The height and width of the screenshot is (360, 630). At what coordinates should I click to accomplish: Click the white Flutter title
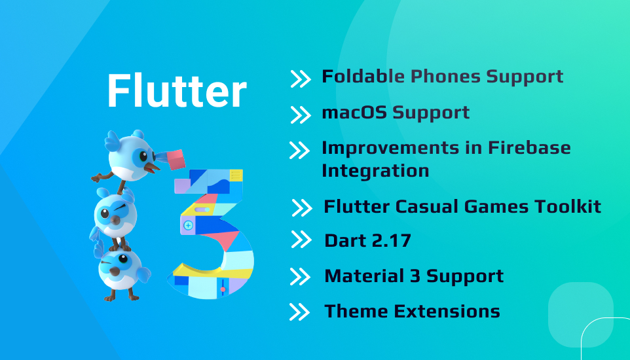click(x=177, y=90)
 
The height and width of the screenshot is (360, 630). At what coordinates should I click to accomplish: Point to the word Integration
click(x=375, y=171)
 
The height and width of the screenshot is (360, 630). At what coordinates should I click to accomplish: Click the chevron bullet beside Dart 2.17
click(x=301, y=240)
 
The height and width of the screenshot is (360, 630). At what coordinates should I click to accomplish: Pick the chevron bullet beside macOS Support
click(x=300, y=115)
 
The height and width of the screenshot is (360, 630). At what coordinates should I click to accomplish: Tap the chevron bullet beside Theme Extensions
click(x=299, y=312)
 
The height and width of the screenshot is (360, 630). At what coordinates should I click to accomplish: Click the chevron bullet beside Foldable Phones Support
click(x=300, y=79)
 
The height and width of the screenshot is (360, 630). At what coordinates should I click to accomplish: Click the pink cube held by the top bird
click(x=176, y=160)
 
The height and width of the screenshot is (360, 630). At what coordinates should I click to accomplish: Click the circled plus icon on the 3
click(x=188, y=225)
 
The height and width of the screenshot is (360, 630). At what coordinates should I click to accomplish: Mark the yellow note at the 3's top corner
click(x=236, y=175)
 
